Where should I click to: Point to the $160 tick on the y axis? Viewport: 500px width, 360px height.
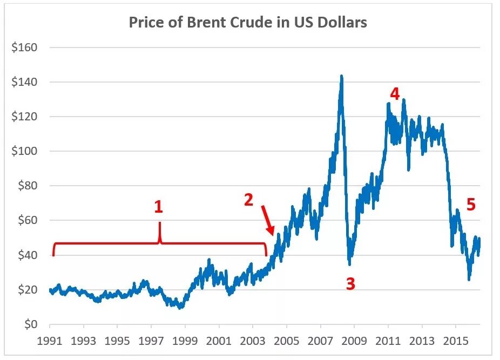point(24,47)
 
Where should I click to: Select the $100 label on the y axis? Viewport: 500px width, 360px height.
point(24,151)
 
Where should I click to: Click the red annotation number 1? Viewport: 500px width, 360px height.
point(158,207)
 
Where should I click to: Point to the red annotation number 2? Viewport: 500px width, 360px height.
point(248,200)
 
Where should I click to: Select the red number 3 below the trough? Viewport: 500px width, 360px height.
point(350,284)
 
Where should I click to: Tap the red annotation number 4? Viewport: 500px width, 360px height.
point(395,94)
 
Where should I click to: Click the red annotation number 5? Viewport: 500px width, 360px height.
point(471,205)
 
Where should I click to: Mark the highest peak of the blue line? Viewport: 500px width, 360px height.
point(341,76)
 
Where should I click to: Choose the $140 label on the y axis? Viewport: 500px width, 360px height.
point(24,82)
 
